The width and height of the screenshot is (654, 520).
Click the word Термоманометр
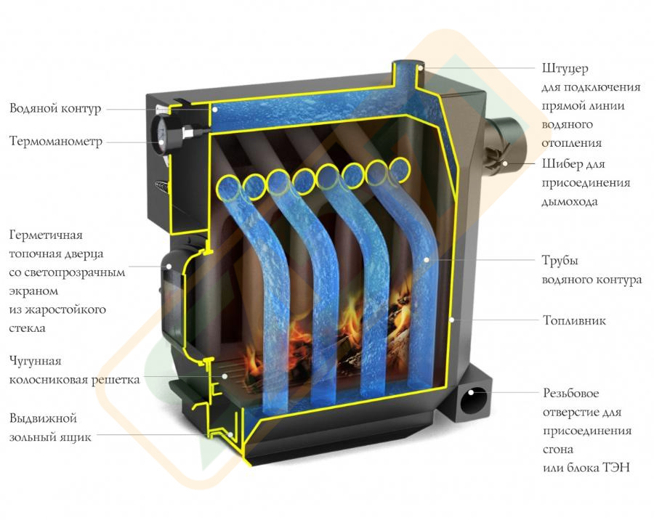click(56, 142)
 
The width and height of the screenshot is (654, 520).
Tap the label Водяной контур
click(55, 108)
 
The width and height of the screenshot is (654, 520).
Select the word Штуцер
click(565, 68)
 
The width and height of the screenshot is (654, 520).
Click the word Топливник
click(574, 320)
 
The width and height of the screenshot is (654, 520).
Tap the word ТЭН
click(615, 467)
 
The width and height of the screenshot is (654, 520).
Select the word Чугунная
click(35, 361)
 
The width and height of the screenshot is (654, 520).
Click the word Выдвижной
click(43, 418)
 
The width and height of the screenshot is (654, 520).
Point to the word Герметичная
click(46, 235)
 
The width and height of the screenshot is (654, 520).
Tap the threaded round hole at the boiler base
click(473, 399)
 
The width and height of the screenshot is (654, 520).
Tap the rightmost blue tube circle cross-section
click(399, 169)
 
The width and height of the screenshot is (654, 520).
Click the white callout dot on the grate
click(225, 375)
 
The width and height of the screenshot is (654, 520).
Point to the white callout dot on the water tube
click(427, 260)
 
